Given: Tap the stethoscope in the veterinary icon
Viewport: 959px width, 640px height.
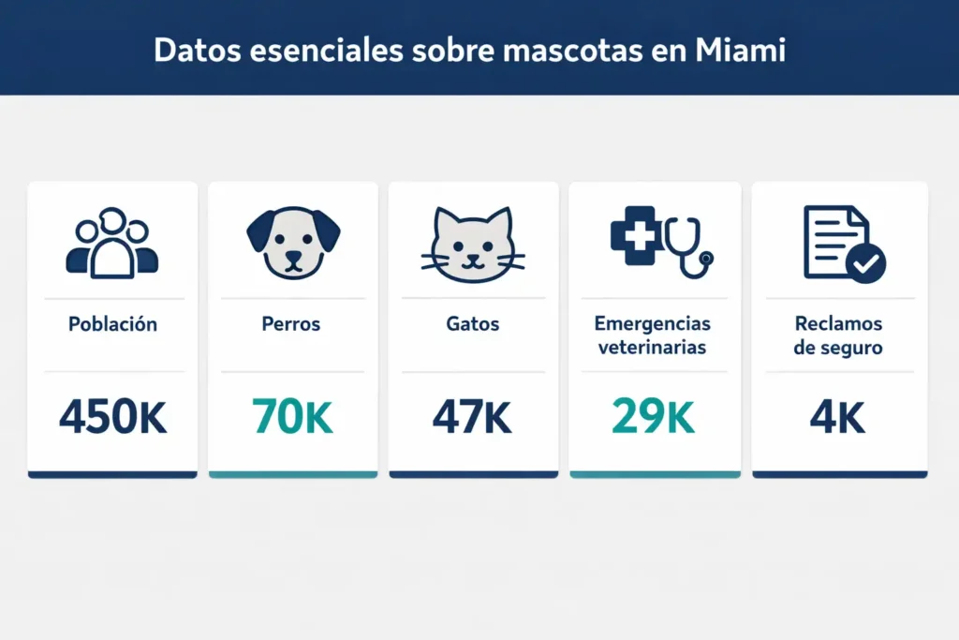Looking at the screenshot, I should [690, 246].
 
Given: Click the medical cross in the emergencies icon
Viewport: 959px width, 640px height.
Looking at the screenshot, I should [636, 231].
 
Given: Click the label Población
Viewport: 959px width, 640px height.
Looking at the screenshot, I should [112, 325].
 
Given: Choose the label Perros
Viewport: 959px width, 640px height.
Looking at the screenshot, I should [291, 325].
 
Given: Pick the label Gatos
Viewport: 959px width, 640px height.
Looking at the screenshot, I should [473, 325].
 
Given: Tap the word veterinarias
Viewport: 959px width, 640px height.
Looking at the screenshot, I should [653, 348].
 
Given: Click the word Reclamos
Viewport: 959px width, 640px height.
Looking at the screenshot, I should [838, 324].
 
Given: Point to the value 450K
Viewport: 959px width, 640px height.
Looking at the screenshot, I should [112, 417].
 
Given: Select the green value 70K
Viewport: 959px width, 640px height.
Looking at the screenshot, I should [292, 417].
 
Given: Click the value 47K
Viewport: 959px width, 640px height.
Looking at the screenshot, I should [472, 417].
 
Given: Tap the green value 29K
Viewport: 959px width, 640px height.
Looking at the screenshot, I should [653, 417].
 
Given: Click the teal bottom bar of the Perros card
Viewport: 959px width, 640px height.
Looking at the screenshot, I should [292, 475].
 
